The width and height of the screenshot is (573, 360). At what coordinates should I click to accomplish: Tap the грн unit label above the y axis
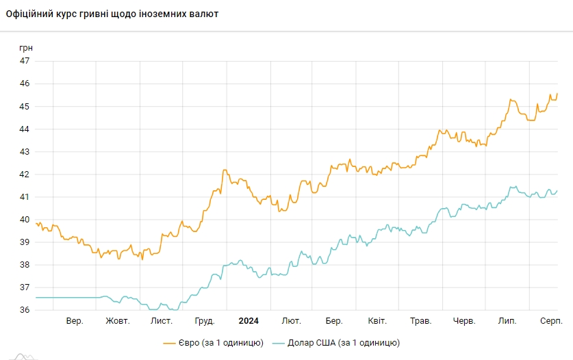25,48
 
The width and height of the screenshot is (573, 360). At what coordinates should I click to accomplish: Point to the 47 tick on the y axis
25,61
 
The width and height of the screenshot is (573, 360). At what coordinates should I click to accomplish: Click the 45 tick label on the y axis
25,106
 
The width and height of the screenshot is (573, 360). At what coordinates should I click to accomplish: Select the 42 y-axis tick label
25,174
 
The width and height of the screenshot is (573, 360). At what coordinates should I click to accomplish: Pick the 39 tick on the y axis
25,242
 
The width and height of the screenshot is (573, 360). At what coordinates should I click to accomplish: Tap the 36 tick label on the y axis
25,309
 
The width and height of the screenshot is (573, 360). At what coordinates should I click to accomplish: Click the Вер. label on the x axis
75,321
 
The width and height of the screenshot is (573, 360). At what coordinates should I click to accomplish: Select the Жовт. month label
118,321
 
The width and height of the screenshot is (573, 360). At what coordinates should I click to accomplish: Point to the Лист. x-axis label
162,321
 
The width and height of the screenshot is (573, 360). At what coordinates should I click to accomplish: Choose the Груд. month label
205,321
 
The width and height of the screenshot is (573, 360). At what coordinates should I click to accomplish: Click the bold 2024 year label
249,321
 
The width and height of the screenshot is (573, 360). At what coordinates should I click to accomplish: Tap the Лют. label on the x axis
292,321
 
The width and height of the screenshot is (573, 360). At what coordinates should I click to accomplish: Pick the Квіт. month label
377,321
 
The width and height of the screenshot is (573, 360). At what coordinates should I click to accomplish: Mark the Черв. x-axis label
464,321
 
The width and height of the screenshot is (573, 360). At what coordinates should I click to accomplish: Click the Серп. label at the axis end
551,321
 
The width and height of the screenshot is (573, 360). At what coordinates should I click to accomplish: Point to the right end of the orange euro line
557,93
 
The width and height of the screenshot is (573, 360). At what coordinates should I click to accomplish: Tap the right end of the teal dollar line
557,191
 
